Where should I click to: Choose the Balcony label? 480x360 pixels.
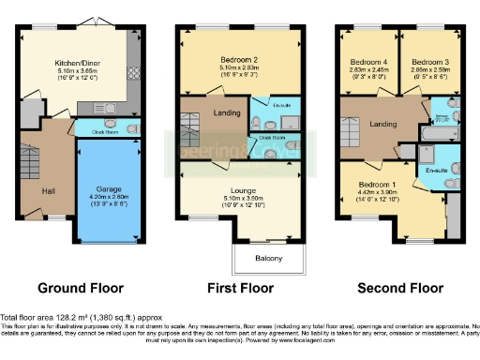click(x=269, y=257)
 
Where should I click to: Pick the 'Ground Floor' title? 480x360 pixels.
click(x=77, y=289)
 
